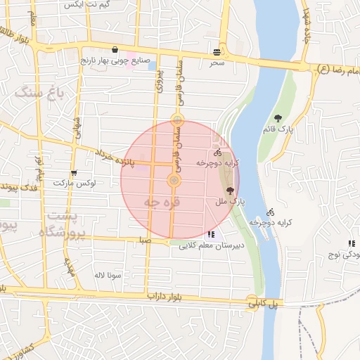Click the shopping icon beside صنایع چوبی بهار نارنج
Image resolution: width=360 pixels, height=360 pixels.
(x=115, y=51)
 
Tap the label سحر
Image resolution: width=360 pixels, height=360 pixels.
(x=217, y=63)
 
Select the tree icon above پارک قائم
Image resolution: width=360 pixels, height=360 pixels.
(x=278, y=118)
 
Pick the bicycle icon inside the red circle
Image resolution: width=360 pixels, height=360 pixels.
(x=217, y=152)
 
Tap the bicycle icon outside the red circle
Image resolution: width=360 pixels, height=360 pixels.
(x=271, y=212)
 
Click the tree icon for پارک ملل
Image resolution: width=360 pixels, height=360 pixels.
(x=230, y=190)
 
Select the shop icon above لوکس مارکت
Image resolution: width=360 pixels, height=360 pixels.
(x=74, y=173)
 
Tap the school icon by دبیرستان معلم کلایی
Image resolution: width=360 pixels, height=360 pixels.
(x=210, y=234)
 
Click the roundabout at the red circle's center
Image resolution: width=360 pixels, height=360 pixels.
(x=174, y=181)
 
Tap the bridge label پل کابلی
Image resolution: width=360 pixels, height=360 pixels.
(x=262, y=304)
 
